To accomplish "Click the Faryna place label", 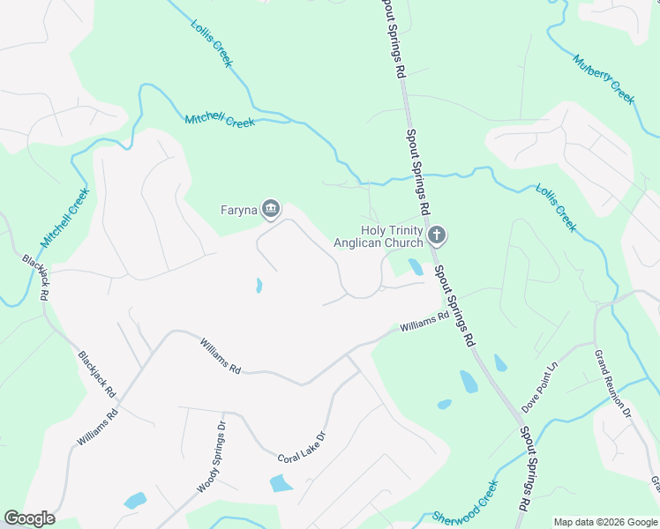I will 236,210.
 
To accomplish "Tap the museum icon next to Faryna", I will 271,209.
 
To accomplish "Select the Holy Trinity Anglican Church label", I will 378,235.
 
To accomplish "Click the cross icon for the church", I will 436,235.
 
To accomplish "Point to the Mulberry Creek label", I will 604,79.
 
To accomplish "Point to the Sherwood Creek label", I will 466,502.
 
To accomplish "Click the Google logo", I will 29,518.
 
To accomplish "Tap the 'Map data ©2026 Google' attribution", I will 605,522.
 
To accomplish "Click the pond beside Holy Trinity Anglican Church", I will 416,266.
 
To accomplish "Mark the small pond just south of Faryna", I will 259,286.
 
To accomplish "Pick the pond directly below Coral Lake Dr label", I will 281,482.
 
